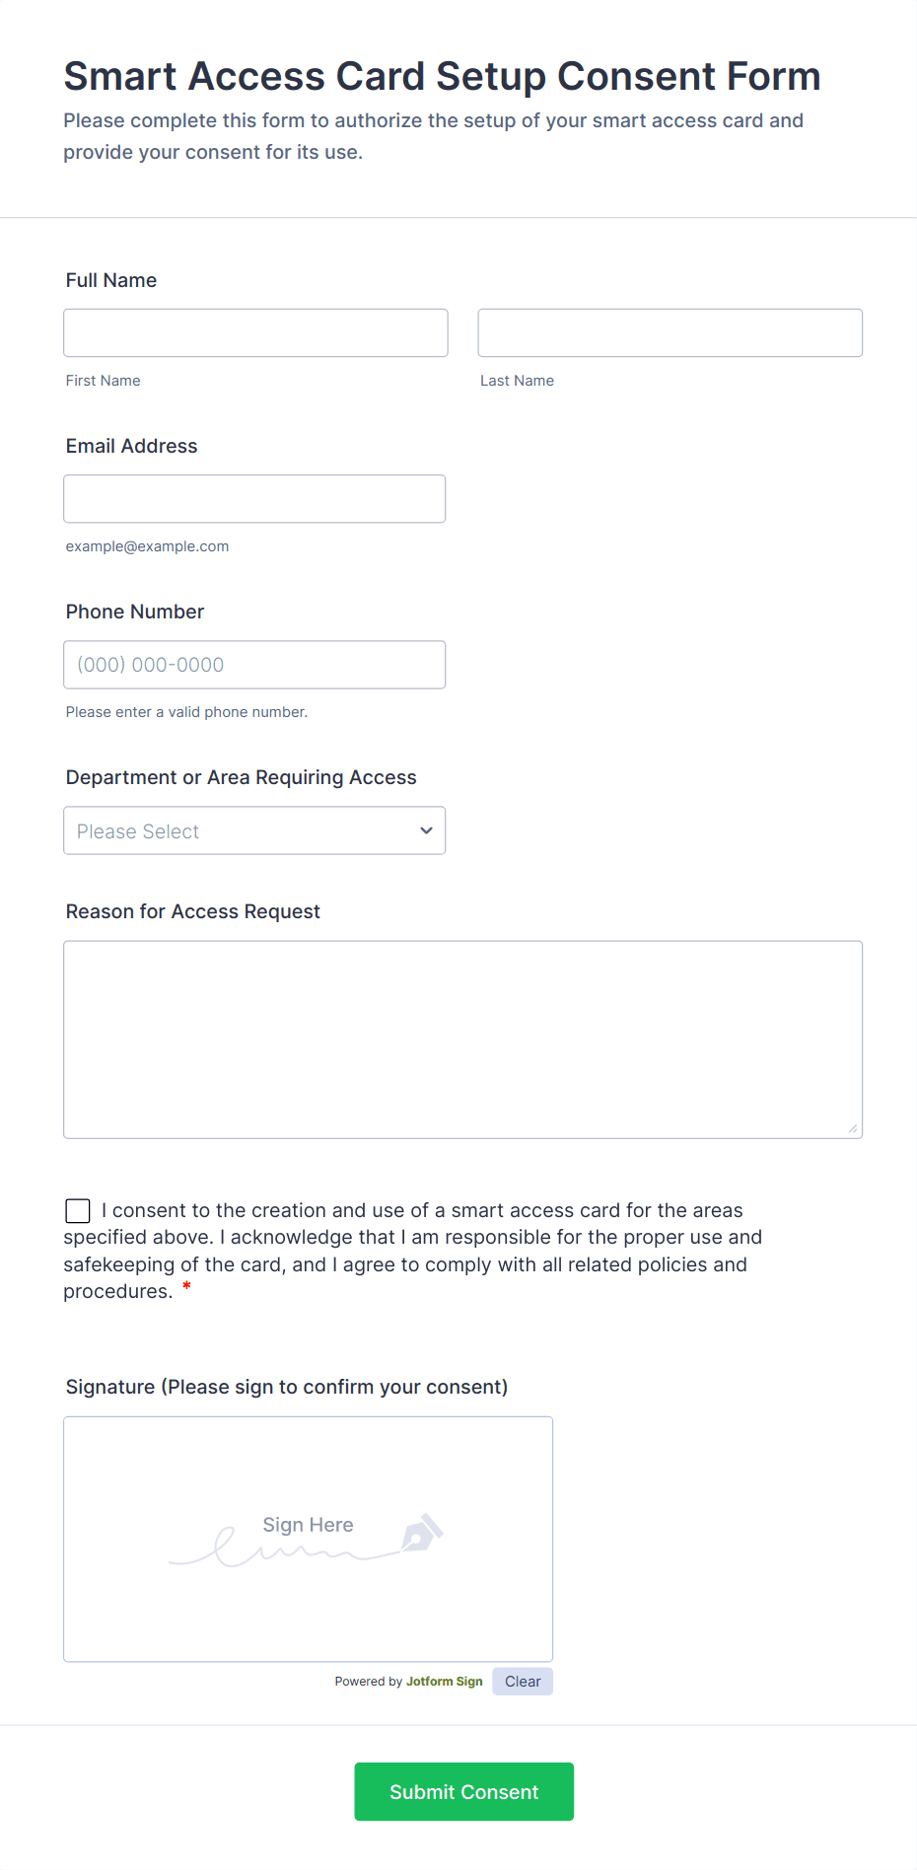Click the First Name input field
pyautogui.click(x=255, y=332)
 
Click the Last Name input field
pyautogui.click(x=670, y=332)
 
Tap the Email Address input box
pyautogui.click(x=254, y=499)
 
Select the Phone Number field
pyautogui.click(x=254, y=665)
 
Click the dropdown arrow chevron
pyautogui.click(x=426, y=830)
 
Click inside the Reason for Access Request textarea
pyautogui.click(x=462, y=1040)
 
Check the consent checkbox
pyautogui.click(x=78, y=1210)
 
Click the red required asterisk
pyautogui.click(x=186, y=1287)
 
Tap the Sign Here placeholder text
pyautogui.click(x=308, y=1525)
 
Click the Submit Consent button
pyautogui.click(x=463, y=1791)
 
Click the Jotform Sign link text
pyautogui.click(x=444, y=1682)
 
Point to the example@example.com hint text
pyautogui.click(x=147, y=546)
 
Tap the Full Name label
pyautogui.click(x=111, y=280)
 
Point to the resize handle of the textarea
pyautogui.click(x=853, y=1128)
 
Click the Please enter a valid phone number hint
pyautogui.click(x=186, y=712)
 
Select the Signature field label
pyautogui.click(x=286, y=1387)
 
